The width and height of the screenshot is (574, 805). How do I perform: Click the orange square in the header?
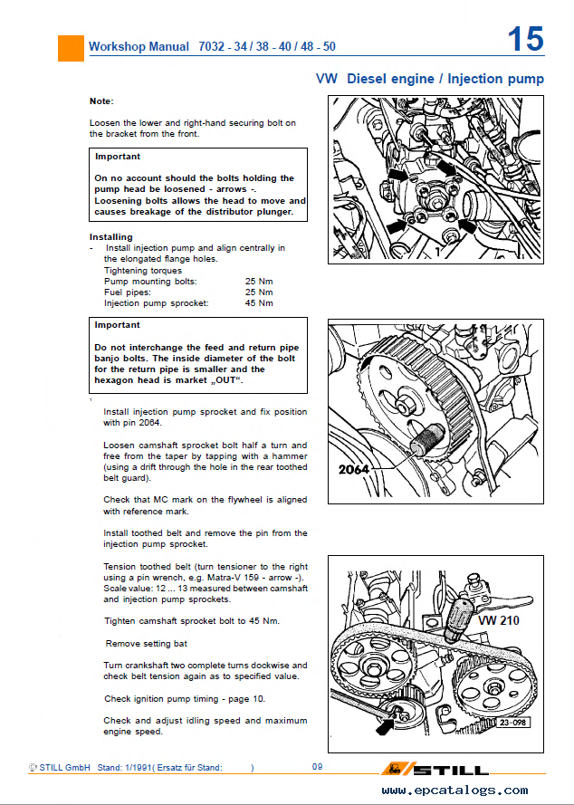[71, 47]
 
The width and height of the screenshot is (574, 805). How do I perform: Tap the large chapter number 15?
[525, 40]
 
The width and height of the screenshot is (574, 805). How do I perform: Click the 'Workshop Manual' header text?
[139, 46]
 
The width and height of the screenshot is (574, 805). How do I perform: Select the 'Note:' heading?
[101, 101]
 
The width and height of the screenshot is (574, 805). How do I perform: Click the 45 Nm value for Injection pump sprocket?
[259, 303]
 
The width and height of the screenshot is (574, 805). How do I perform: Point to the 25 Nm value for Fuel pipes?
[259, 292]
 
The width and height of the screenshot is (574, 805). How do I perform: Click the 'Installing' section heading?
[111, 237]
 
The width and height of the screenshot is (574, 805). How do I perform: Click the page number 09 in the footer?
[318, 767]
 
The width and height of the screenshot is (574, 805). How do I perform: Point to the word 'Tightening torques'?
[143, 270]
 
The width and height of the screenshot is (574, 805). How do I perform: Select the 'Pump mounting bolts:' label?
[150, 282]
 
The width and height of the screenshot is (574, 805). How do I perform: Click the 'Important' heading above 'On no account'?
[118, 156]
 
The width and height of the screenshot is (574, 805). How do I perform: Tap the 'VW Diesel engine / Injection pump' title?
[429, 79]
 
